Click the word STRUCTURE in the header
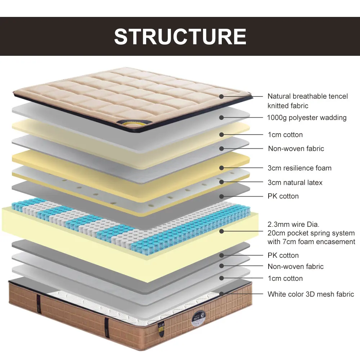[x=180, y=36]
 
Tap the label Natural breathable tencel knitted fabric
[x=307, y=101]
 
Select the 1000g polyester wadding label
[x=307, y=118]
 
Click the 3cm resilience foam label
[x=300, y=168]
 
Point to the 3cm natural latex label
[x=295, y=183]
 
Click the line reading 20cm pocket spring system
[x=311, y=233]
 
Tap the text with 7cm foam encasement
[x=311, y=242]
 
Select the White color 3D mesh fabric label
[x=311, y=294]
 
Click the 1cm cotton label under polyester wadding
[x=285, y=135]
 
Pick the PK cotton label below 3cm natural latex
[x=283, y=196]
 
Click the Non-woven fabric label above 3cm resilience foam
[x=296, y=149]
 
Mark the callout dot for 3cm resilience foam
[x=222, y=168]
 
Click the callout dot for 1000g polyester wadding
[x=222, y=117]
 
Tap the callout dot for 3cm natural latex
[x=222, y=183]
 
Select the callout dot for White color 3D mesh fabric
[x=222, y=294]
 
